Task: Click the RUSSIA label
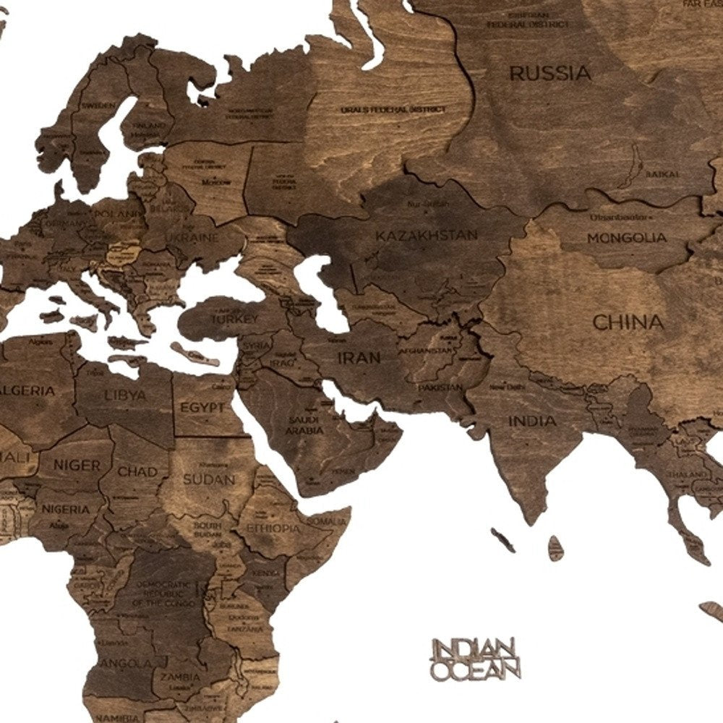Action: [x=550, y=73]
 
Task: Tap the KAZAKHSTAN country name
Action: [x=427, y=235]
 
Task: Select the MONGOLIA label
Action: [x=626, y=237]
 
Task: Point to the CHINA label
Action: [x=628, y=322]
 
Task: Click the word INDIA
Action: [x=532, y=421]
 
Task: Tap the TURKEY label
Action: [x=234, y=318]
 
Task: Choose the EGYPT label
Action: [x=202, y=408]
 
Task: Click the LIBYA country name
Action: [x=125, y=395]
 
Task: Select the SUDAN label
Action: [x=208, y=479]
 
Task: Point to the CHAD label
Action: [x=137, y=471]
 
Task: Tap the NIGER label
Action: [x=76, y=466]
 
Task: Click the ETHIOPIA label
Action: [x=273, y=529]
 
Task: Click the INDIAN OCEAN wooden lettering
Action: [x=475, y=658]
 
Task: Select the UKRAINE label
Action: [x=192, y=237]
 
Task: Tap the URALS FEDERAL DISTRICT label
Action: [x=393, y=109]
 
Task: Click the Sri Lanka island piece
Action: [x=555, y=548]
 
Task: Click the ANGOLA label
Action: [x=117, y=663]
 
